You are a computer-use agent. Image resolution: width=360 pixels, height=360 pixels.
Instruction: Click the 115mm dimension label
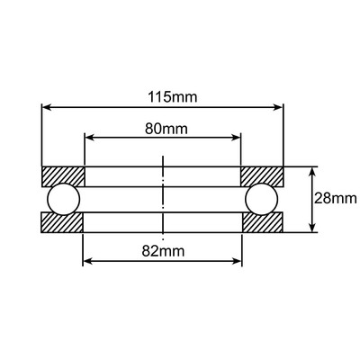[163, 95]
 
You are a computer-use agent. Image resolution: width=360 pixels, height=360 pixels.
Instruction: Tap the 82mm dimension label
[163, 250]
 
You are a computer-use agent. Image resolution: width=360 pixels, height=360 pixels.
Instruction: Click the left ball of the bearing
[64, 198]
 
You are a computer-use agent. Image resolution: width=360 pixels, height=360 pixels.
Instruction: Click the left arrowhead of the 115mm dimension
[47, 108]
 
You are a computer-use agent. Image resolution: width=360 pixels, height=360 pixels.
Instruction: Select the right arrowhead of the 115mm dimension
[280, 108]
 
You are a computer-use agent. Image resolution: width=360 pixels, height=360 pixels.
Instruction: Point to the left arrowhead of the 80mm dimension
[88, 138]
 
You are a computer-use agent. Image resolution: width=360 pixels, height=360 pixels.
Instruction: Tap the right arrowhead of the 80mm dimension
[238, 138]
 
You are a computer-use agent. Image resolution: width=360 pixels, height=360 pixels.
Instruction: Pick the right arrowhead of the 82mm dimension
[239, 263]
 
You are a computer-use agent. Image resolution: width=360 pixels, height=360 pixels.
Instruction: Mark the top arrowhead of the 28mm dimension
[312, 171]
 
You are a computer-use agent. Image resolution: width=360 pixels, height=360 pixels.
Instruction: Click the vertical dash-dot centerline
[163, 198]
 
